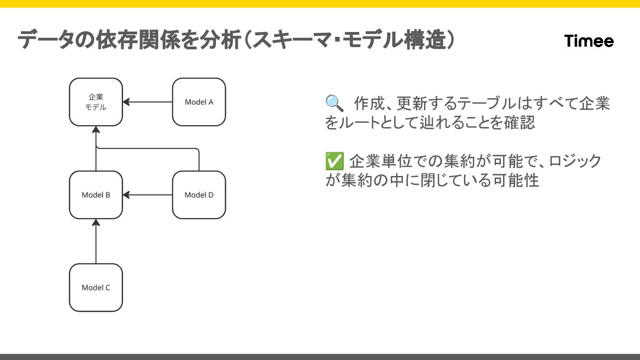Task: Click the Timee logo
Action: [x=589, y=41]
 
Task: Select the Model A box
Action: [x=199, y=102]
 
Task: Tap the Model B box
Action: [x=96, y=195]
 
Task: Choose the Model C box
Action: [x=96, y=288]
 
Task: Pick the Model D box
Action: [x=199, y=195]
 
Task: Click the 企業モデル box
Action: [x=96, y=102]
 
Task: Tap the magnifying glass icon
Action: [x=334, y=103]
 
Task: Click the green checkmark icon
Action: [x=334, y=161]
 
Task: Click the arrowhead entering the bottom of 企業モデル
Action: [x=96, y=130]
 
